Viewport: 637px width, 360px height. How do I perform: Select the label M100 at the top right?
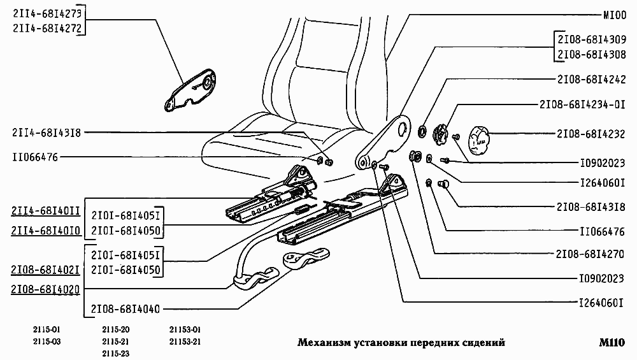pyautogui.click(x=615, y=15)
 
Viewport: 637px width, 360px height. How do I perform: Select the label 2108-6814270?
pyautogui.click(x=591, y=254)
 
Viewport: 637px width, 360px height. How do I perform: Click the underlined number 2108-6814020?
pyautogui.click(x=45, y=290)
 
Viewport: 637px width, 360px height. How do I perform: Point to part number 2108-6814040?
pyautogui.click(x=125, y=309)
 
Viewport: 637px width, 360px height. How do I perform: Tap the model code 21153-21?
pyautogui.click(x=185, y=342)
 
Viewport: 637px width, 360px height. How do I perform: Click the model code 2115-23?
pyautogui.click(x=116, y=354)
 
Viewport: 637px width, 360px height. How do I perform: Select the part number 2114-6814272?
pyautogui.click(x=47, y=29)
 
